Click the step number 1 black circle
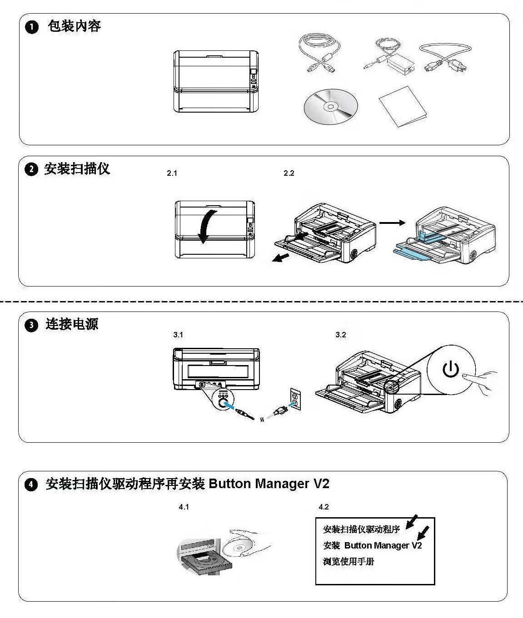[32, 27]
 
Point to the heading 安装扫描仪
[77, 169]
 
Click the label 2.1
[172, 173]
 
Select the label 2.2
[289, 173]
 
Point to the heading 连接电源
[72, 324]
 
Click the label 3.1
[178, 335]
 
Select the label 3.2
[341, 335]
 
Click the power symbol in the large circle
[451, 370]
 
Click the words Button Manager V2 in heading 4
[269, 484]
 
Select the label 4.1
[184, 507]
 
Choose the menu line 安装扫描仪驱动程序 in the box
[361, 529]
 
